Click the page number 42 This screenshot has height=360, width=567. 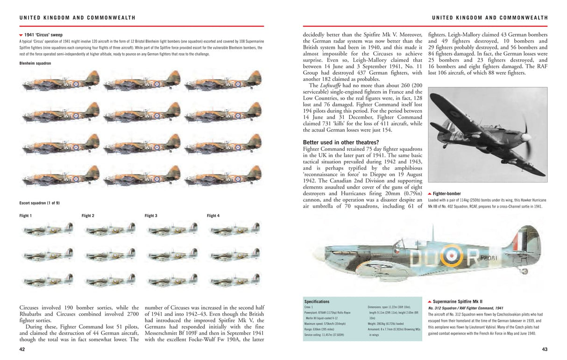pos(22,349)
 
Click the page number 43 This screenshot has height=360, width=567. pos(544,349)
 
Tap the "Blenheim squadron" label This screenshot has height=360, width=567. pos(35,63)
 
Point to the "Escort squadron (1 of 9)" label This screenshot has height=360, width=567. pos(39,203)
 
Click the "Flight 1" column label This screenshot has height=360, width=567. pos(25,216)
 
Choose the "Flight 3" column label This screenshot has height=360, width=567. pos(151,216)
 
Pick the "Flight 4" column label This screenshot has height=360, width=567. pos(213,216)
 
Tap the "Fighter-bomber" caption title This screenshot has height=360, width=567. pos(447,193)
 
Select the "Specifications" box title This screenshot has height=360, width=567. pos(317,302)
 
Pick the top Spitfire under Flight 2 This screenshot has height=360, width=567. pos(110,229)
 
